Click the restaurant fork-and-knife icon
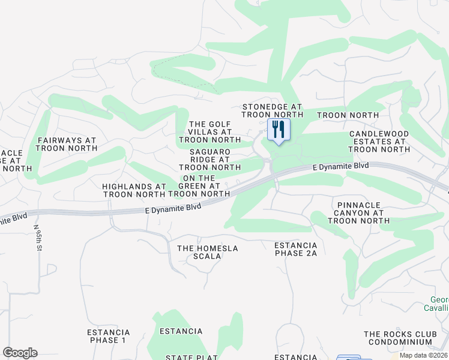tap(278, 129)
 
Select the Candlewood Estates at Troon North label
tap(379, 141)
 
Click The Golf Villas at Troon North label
tap(210, 131)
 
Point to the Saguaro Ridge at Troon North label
tap(210, 160)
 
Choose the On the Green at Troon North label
tap(199, 186)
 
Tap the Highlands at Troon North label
tap(134, 190)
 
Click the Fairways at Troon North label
tap(67, 144)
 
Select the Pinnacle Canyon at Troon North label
tap(356, 212)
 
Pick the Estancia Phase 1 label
tap(109, 336)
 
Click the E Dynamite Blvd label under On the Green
tap(173, 208)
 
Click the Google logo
tap(20, 353)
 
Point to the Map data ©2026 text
tap(423, 355)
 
